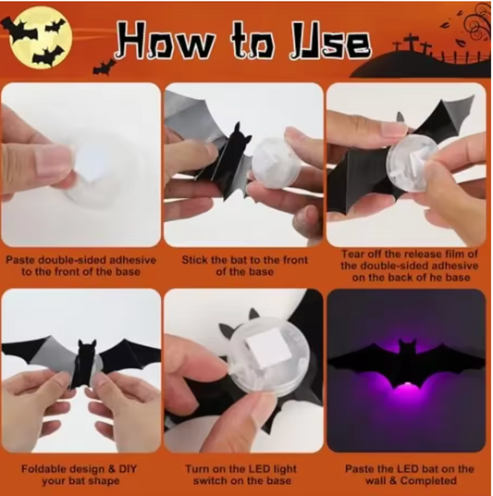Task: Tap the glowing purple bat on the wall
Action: [406, 364]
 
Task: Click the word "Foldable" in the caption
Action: [43, 468]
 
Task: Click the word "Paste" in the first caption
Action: [19, 260]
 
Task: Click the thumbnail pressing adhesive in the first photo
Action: [53, 161]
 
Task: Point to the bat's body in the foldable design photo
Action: [87, 363]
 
